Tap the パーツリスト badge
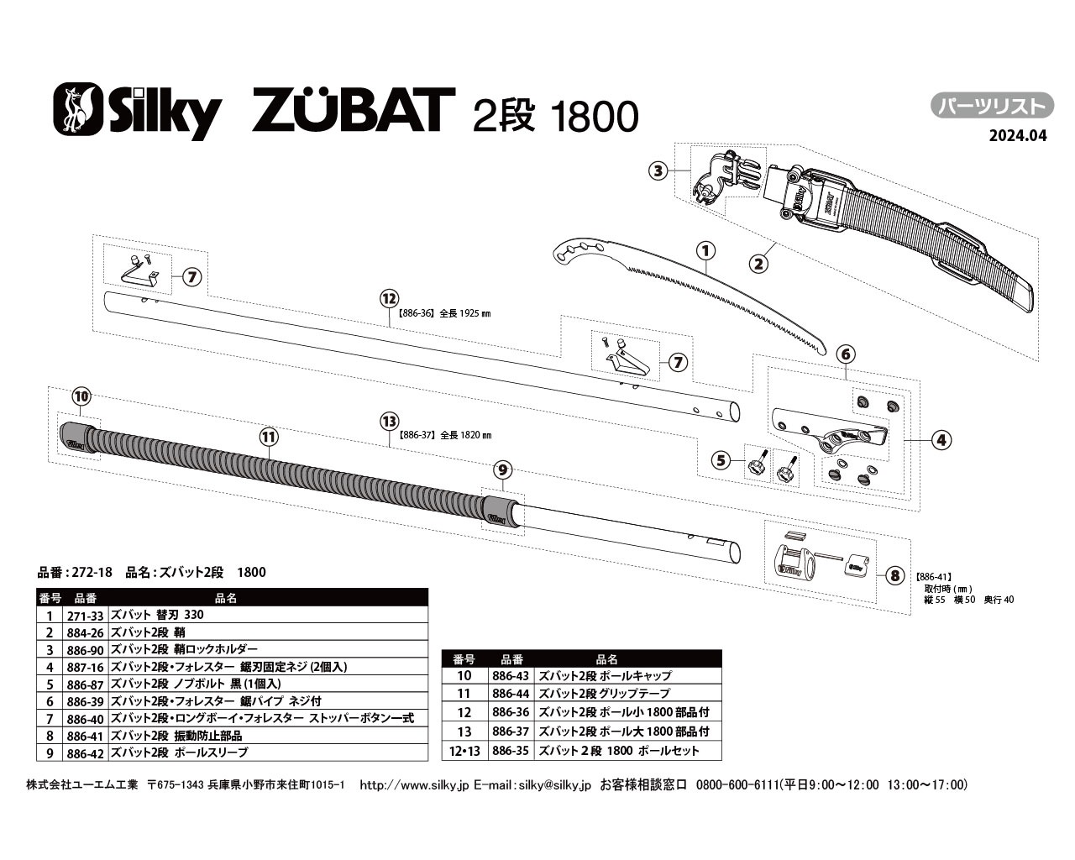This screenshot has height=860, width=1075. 992,106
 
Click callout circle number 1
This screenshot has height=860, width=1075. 705,249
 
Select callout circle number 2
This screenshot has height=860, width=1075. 758,263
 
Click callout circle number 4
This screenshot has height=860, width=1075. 941,438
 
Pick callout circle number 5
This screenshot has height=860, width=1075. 720,459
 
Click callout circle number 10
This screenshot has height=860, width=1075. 81,396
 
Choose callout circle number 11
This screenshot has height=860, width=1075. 268,436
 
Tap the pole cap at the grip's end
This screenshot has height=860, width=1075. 78,438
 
